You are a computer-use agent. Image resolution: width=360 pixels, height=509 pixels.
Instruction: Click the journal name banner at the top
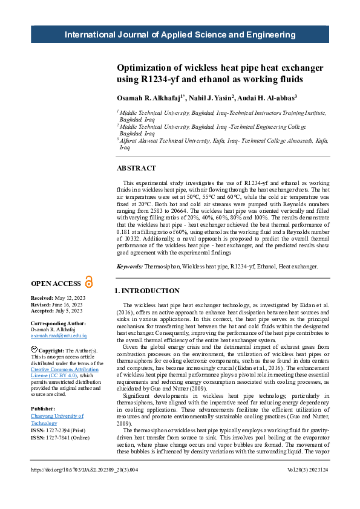coord(180,35)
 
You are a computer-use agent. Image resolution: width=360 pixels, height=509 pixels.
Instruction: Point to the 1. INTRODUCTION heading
coord(147,291)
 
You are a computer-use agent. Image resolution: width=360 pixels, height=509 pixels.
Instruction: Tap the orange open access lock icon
coord(90,282)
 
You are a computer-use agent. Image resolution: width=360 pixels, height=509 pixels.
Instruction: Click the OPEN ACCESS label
coord(56,284)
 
